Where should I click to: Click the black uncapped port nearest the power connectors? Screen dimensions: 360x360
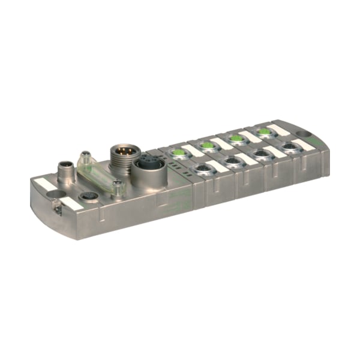point(202,169)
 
